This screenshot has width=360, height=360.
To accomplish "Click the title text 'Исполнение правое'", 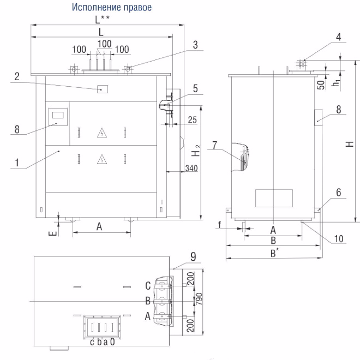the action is pos(112,7).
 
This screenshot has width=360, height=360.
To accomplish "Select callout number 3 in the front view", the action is pos(195,45).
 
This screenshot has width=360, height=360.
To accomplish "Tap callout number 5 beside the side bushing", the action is pos(195,88).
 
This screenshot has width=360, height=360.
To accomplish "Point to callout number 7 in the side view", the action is pos(215,145).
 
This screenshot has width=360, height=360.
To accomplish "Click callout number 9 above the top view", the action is pos(193,256).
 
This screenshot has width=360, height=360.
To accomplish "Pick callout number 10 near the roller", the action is pos(339,239).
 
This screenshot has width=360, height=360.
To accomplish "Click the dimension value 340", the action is pos(191,168).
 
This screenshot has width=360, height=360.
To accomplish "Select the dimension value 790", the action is pos(199,299).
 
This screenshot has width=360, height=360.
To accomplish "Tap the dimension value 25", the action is pos(193,120).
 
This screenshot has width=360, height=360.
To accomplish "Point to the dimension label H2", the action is pos(196,151).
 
